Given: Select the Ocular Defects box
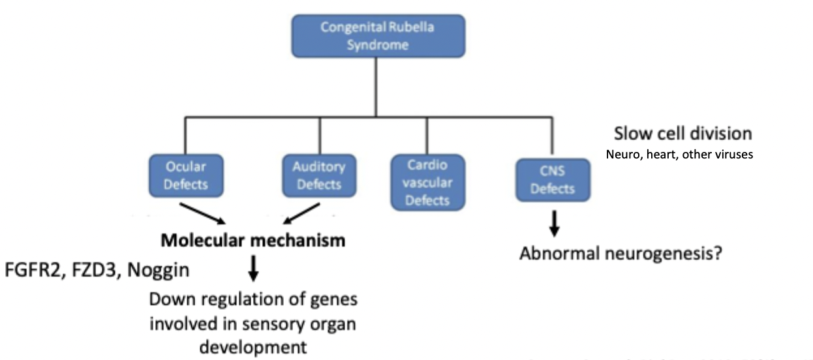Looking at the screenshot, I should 185,175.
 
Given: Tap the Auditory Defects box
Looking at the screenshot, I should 319,175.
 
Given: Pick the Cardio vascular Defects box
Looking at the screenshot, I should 427,182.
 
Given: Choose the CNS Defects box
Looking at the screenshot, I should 552,179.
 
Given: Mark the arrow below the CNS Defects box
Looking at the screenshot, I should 553,223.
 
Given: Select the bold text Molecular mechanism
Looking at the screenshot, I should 253,241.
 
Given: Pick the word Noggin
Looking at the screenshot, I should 161,269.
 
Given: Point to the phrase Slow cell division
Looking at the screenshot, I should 683,134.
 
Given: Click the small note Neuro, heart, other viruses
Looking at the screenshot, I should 679,155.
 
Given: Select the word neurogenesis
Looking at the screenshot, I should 659,253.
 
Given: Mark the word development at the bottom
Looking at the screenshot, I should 253,346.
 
